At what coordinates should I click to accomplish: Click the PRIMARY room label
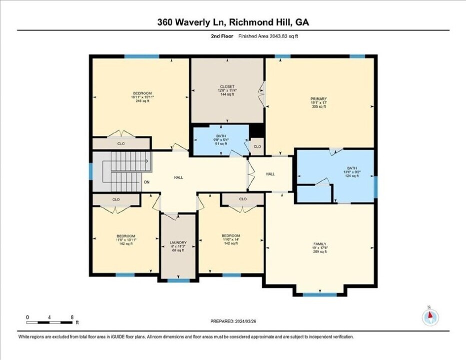(318, 99)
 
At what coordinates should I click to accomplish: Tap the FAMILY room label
(319, 243)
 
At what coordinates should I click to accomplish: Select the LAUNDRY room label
(178, 242)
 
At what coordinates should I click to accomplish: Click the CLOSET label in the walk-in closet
(227, 86)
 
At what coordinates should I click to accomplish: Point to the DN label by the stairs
(147, 182)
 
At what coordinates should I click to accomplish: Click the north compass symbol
(430, 316)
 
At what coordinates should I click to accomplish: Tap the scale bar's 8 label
(72, 317)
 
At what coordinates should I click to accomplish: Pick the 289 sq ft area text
(319, 252)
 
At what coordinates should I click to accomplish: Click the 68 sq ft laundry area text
(178, 250)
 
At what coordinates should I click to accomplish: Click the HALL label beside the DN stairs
(178, 177)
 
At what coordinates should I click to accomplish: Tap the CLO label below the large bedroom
(121, 143)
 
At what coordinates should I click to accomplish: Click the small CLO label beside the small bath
(257, 146)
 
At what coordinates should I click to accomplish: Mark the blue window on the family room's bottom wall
(319, 294)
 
